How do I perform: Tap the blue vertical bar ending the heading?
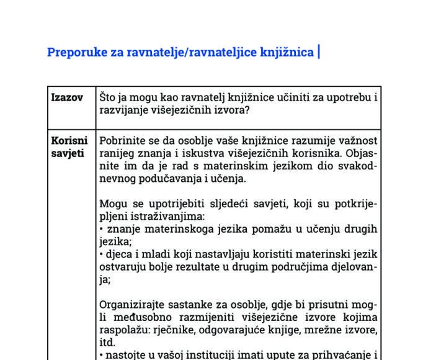pos(318,52)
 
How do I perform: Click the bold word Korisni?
pos(69,141)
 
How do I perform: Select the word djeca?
pos(116,254)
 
